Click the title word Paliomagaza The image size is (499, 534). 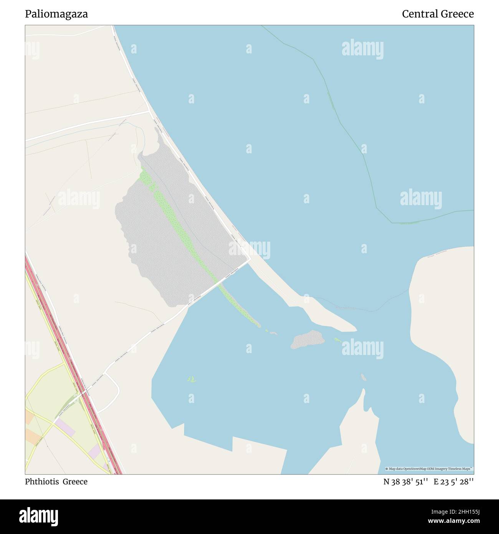point(56,14)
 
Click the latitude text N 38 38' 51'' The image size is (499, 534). point(406,482)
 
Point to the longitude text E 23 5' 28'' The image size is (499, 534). point(454,482)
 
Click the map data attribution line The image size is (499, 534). point(429,469)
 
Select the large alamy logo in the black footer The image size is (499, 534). point(38,516)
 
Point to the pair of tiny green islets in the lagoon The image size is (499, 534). point(192,380)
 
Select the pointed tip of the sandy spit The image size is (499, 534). point(355,329)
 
